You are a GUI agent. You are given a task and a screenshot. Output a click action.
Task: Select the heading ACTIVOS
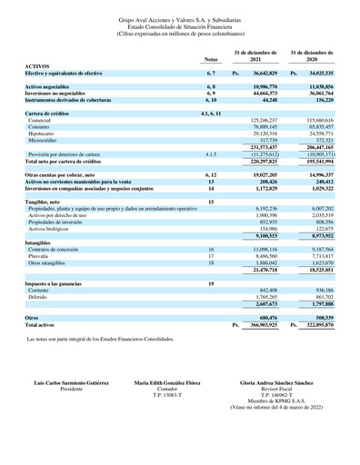(37, 65)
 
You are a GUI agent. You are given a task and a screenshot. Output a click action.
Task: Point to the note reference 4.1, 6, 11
(210, 111)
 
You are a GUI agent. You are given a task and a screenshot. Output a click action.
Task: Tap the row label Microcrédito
(45, 140)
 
